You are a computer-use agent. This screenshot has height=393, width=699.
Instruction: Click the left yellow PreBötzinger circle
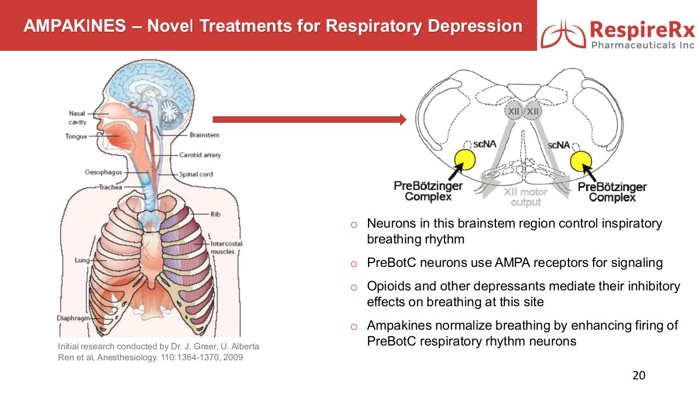465,160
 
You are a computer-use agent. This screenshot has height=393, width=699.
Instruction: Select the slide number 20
638,376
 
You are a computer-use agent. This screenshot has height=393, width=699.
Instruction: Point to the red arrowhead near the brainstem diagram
403,120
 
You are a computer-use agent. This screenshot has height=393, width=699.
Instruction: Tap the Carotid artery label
200,155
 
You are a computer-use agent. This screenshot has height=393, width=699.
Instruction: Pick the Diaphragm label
72,318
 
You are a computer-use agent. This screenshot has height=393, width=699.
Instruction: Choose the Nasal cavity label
77,118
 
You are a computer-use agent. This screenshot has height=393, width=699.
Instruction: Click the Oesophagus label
103,172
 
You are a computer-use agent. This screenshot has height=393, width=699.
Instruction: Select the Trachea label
111,187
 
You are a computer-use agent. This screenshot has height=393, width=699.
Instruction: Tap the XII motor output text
525,197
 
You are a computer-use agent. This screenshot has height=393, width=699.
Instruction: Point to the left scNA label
484,144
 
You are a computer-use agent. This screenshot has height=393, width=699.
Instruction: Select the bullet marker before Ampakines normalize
353,326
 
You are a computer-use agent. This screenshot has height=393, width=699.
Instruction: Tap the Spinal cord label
196,174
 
